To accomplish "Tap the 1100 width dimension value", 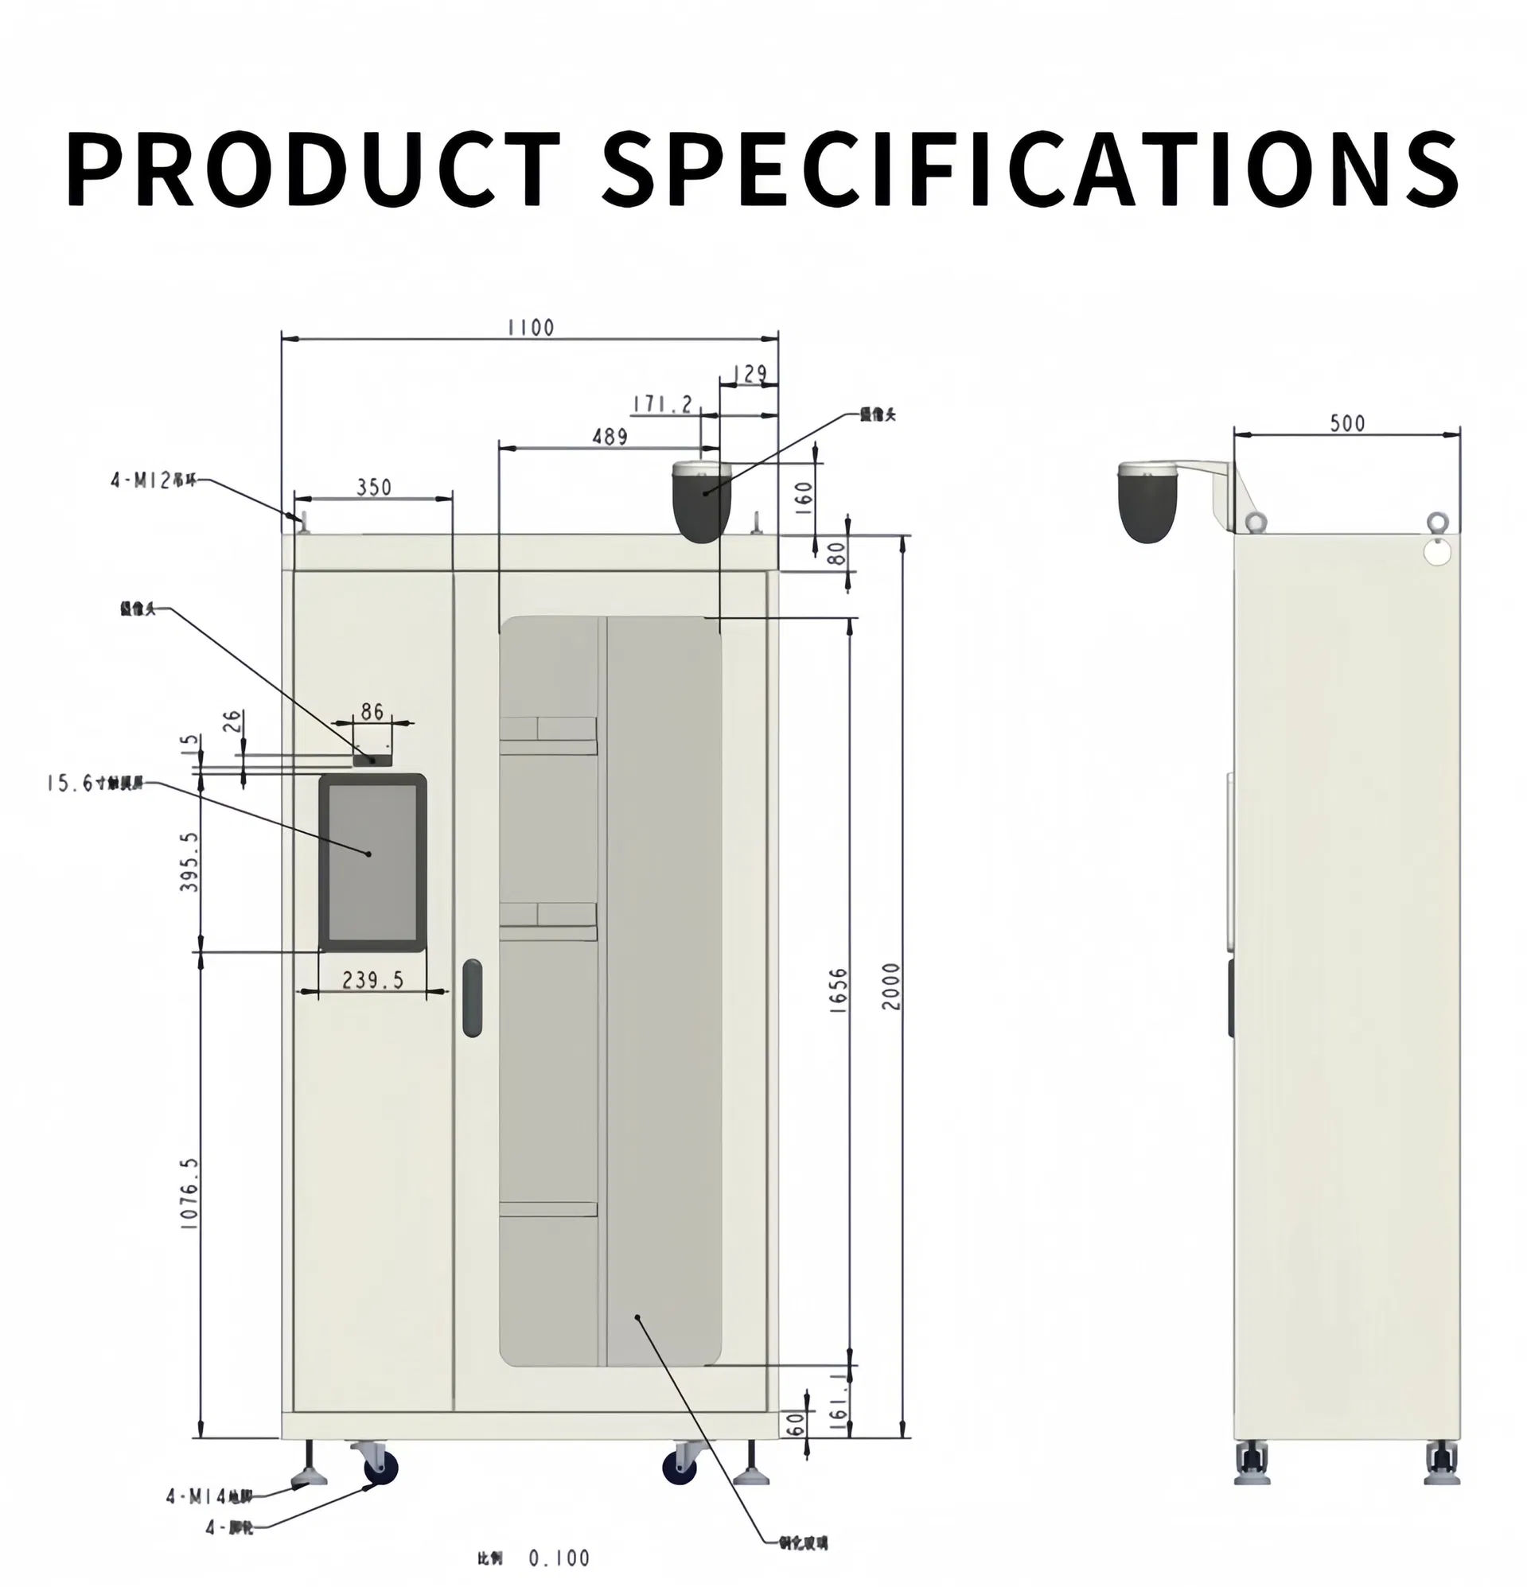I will (531, 327).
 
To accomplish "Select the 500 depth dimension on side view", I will (1346, 422).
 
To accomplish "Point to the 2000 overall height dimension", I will (891, 986).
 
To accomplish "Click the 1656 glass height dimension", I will (839, 989).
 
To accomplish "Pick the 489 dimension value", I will (610, 437).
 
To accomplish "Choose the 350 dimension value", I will (373, 487).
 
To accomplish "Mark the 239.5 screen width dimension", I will (372, 980).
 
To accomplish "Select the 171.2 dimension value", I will (663, 403).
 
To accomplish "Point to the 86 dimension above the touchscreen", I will (372, 711).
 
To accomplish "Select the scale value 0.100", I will (559, 1558).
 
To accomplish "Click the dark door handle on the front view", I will (471, 998).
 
